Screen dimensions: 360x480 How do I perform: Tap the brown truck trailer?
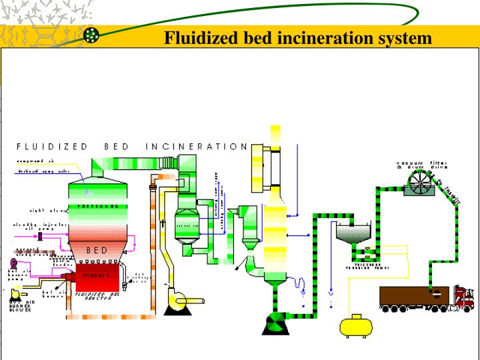(413, 296)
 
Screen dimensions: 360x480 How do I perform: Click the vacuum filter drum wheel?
(421, 181)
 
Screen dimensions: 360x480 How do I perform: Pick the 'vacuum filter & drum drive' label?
(421, 164)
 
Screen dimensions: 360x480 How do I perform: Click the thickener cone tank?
(351, 233)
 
